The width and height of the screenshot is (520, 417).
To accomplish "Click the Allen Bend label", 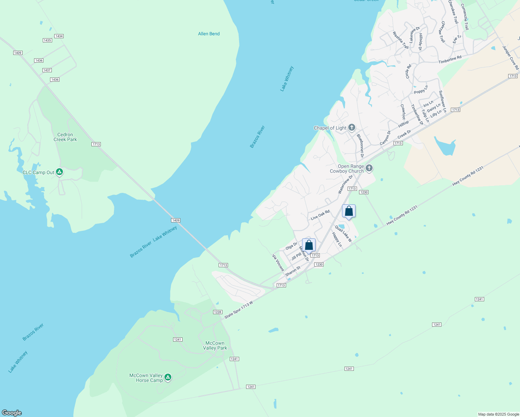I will coord(209,34).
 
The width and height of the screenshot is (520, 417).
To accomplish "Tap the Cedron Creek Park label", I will coord(65,137).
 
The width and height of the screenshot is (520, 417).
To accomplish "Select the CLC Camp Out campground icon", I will coord(59,172).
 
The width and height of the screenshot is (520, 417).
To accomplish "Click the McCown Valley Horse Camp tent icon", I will coord(168,377).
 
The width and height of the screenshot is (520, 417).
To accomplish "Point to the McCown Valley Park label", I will coord(215,345).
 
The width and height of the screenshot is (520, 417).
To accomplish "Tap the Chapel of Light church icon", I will coord(352,127).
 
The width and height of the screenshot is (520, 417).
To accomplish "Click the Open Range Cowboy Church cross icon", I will coord(369,168).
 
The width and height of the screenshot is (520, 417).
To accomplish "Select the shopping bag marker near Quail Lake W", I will coord(349,211).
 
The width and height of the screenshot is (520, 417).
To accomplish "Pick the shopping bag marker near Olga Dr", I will coord(309,245).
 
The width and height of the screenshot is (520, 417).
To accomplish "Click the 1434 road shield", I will coord(59,36).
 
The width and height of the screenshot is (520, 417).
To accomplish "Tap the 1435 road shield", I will coord(47,40).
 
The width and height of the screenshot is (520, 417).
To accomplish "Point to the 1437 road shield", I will coord(47,70).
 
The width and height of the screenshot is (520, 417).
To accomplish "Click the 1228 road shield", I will coord(218,312).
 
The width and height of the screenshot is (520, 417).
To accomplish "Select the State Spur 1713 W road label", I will coord(238,310).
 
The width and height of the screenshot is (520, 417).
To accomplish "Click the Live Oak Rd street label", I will coord(320,215).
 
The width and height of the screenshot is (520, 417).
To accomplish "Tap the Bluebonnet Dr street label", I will coord(360,146).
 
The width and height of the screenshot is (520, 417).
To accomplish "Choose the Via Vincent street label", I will coord(278,263).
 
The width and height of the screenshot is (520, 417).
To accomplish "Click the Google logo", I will coord(12,413).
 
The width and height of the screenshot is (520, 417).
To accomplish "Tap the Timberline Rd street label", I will coord(450,59).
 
